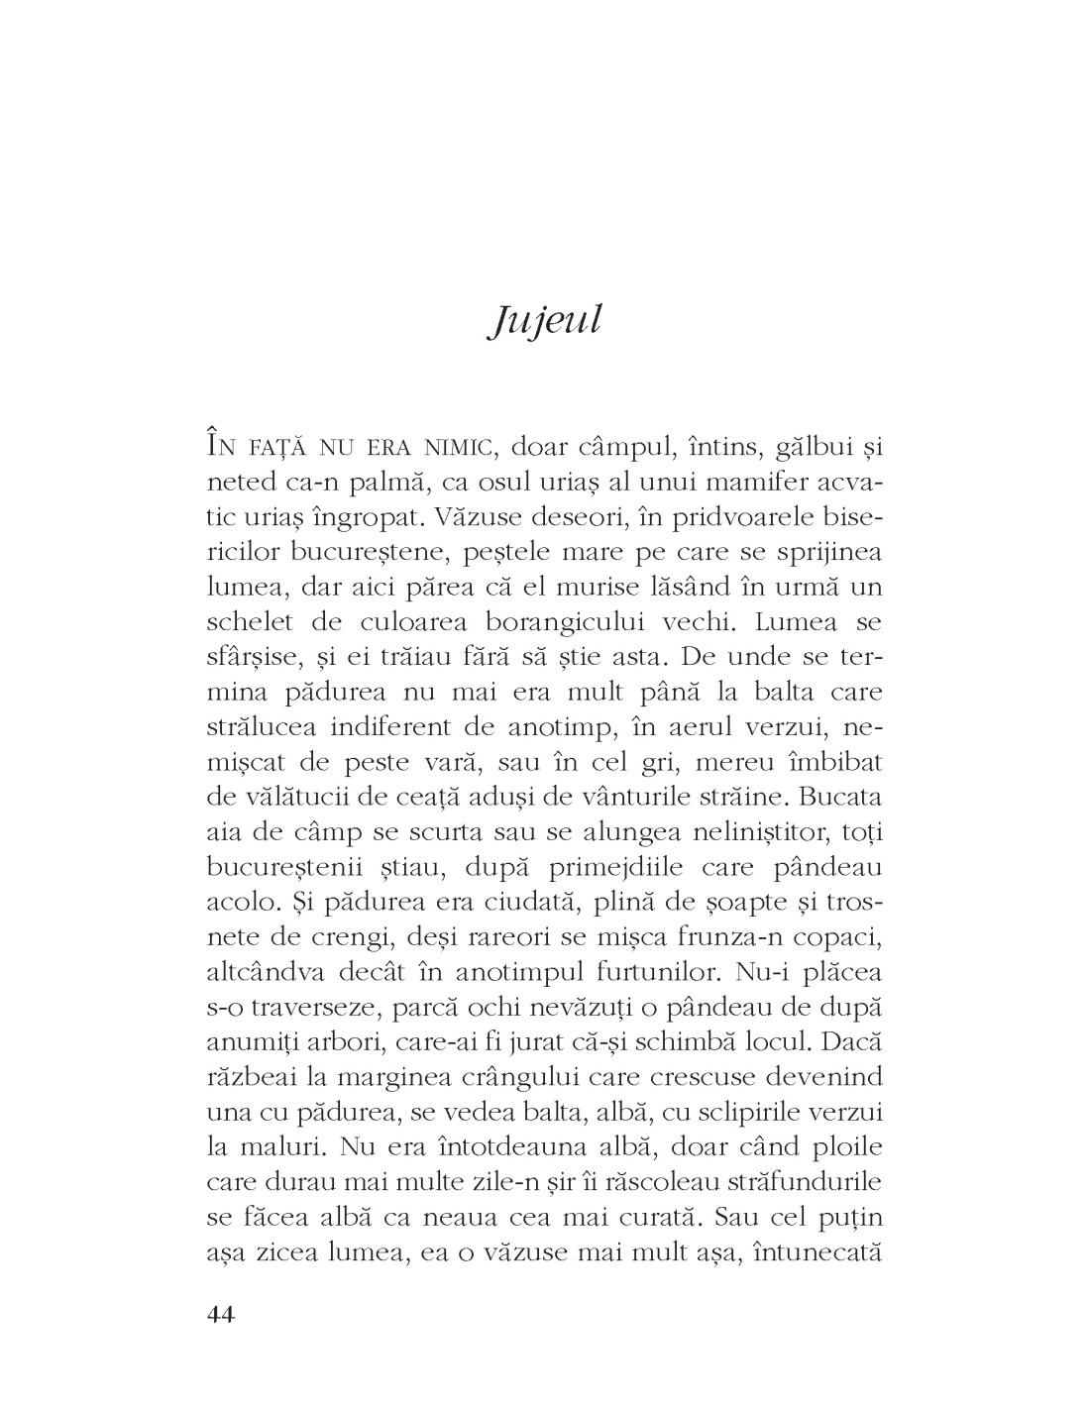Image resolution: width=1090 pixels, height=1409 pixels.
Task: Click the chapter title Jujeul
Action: pyautogui.click(x=545, y=322)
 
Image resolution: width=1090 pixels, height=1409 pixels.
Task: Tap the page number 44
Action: pyautogui.click(x=220, y=1315)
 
